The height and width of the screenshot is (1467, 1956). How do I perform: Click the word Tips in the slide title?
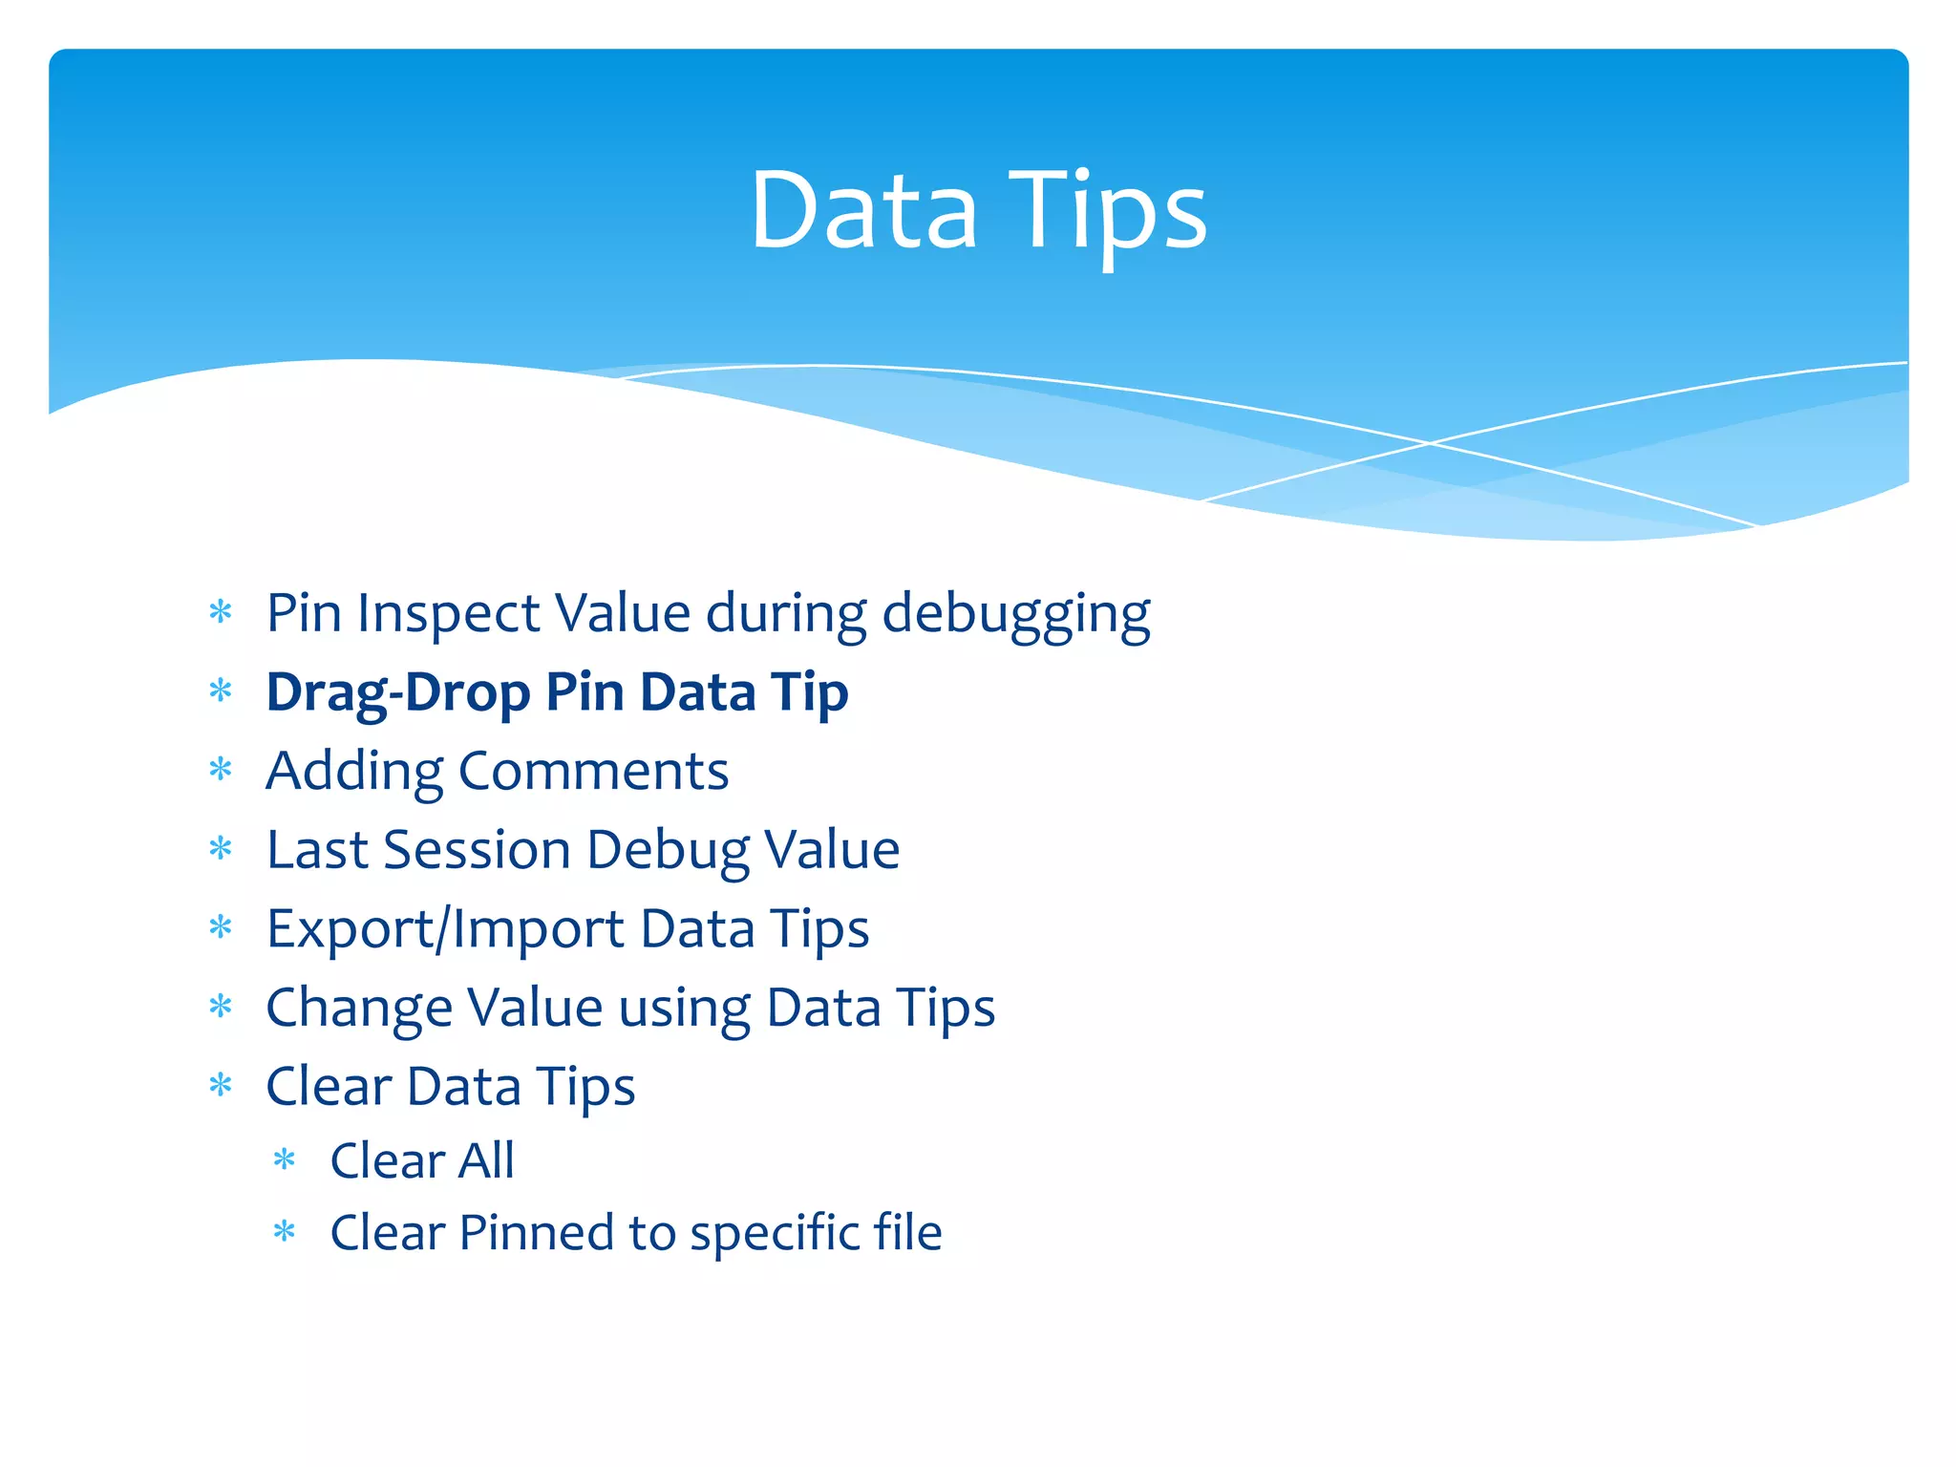pos(1108,212)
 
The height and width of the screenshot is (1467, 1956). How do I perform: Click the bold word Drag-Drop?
pos(397,692)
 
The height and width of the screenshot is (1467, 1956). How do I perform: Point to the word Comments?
pos(593,771)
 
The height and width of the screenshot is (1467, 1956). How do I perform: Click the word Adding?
pos(354,773)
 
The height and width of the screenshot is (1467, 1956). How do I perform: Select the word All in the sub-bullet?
pos(486,1161)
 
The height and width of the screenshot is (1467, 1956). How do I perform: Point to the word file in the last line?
pos(907,1232)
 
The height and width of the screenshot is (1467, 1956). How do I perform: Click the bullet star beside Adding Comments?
pos(221,770)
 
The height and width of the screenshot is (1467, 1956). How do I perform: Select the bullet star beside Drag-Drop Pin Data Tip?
pos(221,691)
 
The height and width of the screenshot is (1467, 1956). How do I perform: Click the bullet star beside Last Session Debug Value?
pos(221,849)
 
